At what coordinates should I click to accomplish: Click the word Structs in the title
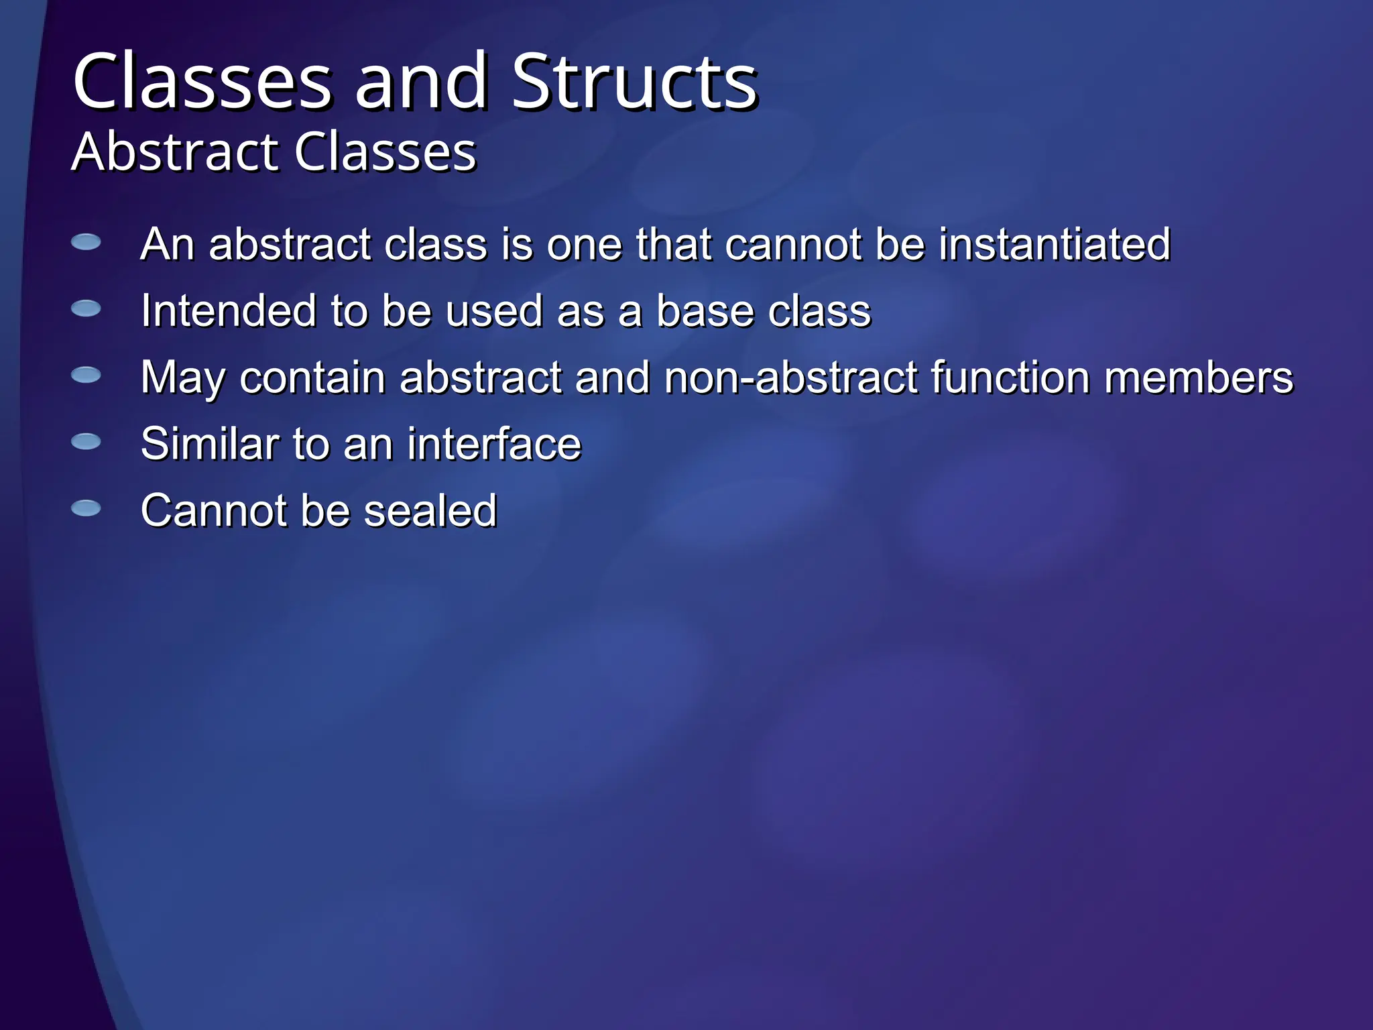(634, 82)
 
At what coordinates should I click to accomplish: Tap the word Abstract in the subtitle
(175, 152)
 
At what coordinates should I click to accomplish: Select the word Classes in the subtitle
(385, 152)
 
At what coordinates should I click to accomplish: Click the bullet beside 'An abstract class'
(86, 242)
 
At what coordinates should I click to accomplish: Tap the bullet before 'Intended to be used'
(86, 308)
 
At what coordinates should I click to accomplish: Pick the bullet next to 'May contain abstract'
(86, 375)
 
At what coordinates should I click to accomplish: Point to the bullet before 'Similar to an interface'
(86, 441)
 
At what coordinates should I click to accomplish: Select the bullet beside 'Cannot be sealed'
(86, 508)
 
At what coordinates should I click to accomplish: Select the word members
(1198, 378)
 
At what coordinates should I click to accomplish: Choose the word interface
(494, 444)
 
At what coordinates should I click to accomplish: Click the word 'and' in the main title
(420, 82)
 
